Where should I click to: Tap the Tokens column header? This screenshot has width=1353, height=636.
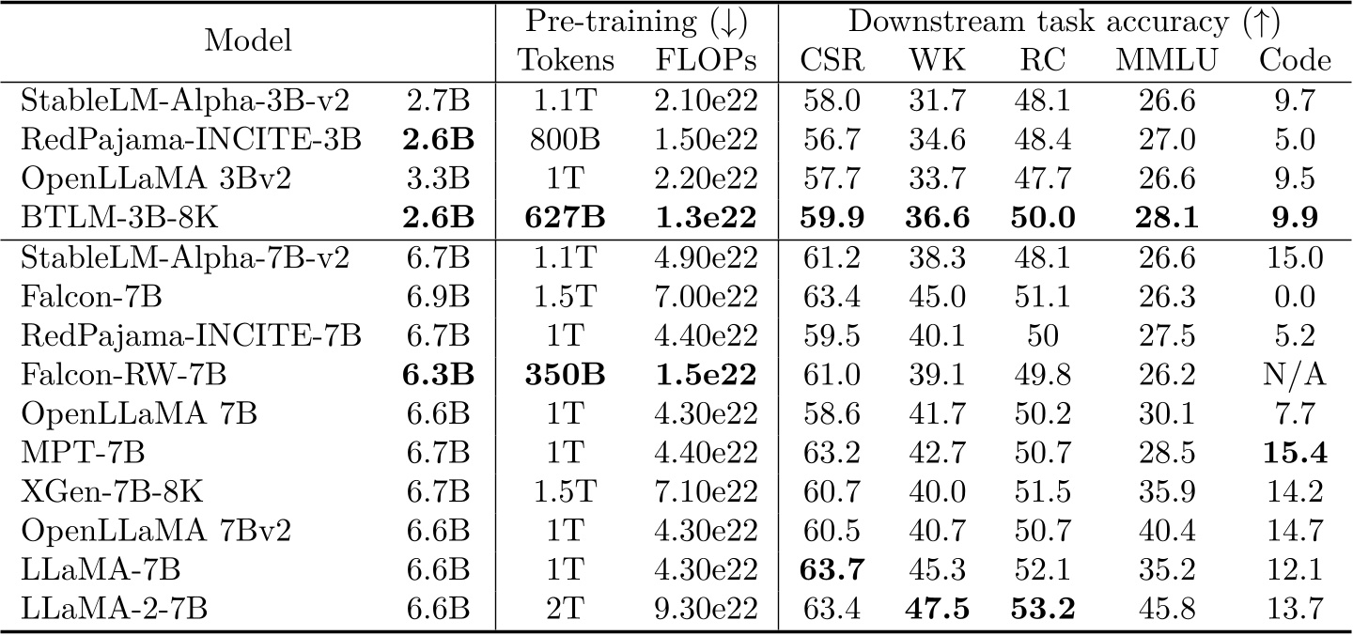tap(567, 61)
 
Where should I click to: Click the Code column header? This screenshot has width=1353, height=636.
tap(1295, 61)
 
